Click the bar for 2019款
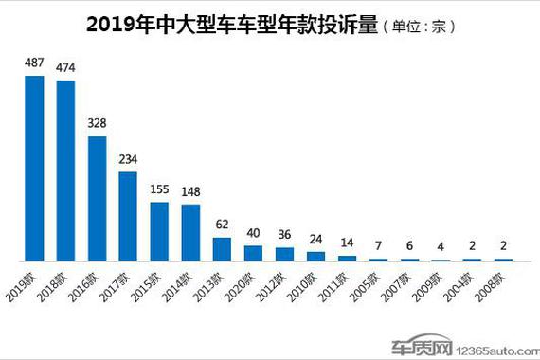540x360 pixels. (34, 168)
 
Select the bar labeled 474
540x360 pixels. (65, 171)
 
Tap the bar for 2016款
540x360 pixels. (97, 199)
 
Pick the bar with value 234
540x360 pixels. (128, 216)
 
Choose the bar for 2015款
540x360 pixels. (159, 231)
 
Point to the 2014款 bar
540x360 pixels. (190, 233)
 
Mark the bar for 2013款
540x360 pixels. (222, 249)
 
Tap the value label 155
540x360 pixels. (159, 190)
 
